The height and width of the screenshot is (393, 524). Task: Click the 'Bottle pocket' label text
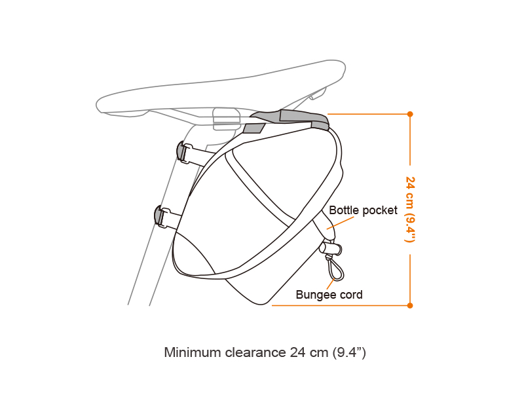[363, 210]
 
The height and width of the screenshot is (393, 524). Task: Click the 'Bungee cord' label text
[329, 295]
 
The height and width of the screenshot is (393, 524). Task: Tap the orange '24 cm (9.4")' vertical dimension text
[410, 209]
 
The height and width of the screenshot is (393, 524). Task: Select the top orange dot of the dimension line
[410, 114]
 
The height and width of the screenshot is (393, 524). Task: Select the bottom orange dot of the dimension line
[410, 305]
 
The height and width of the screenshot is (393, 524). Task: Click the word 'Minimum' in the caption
[191, 352]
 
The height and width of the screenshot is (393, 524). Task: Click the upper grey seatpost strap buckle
[182, 151]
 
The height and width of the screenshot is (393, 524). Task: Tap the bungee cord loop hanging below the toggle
[333, 269]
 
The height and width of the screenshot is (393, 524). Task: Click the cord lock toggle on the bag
[331, 248]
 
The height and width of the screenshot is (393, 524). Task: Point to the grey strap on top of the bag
[288, 119]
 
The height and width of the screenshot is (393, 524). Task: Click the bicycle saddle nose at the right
[338, 67]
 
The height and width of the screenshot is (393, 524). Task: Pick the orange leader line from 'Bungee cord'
[335, 283]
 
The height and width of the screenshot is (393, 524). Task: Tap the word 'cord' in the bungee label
[351, 295]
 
